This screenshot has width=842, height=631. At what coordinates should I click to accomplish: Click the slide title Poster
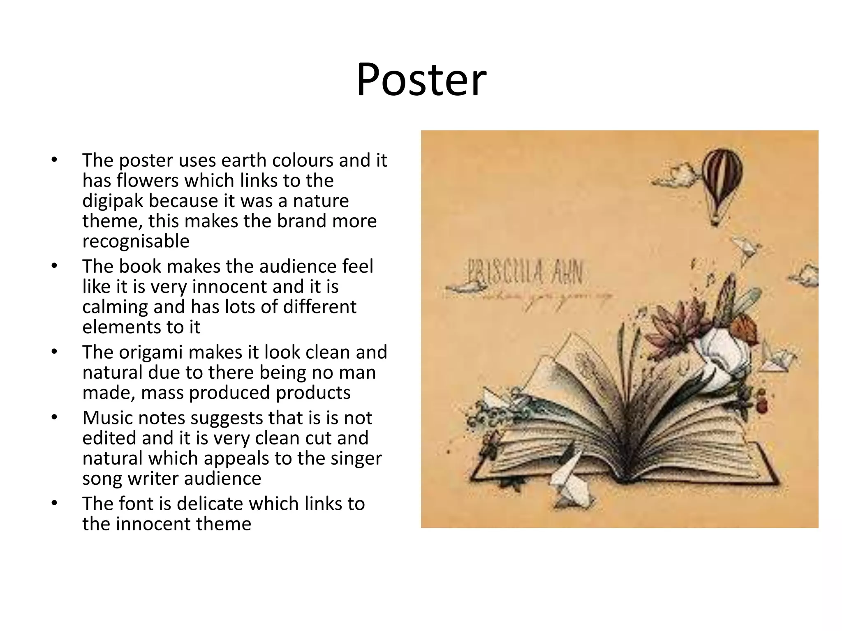click(x=421, y=80)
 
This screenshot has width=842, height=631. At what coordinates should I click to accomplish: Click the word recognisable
click(x=136, y=241)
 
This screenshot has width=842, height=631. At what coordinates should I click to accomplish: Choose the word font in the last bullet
click(x=139, y=504)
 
